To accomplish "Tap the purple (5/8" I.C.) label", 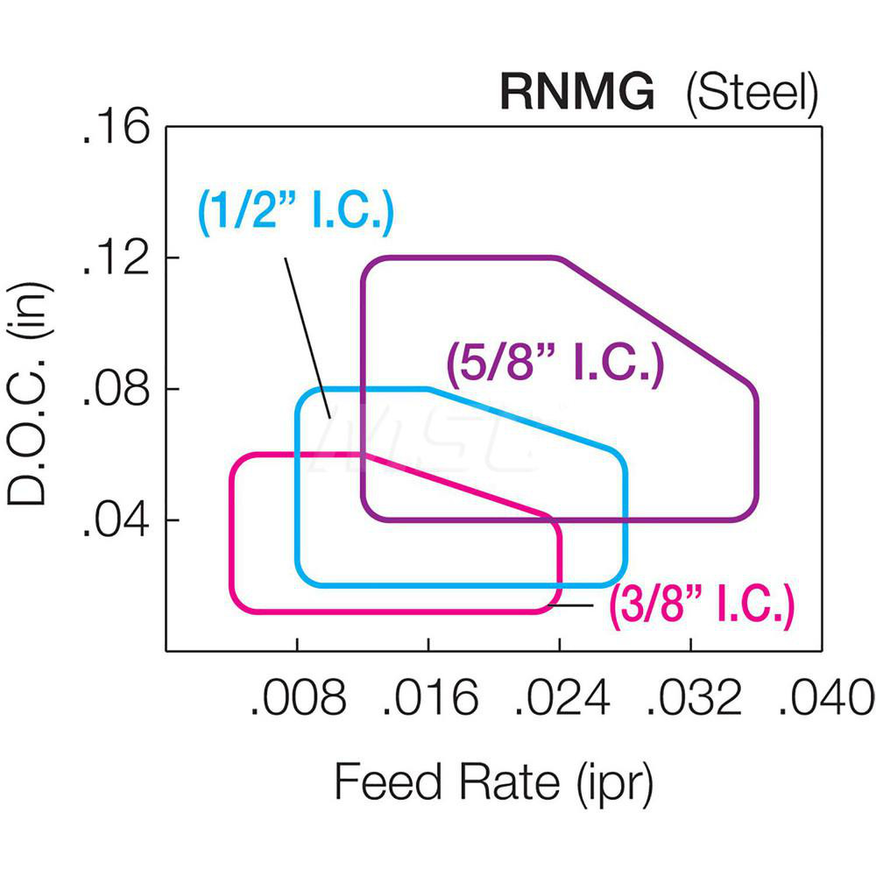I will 554,361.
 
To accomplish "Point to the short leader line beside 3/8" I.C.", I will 571,605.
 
